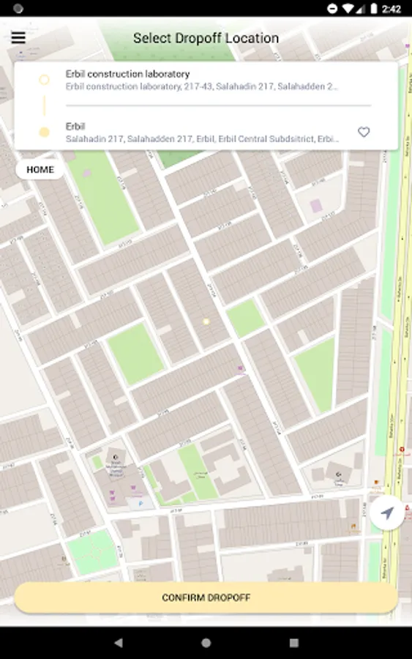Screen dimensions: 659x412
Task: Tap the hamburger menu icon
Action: coord(18,37)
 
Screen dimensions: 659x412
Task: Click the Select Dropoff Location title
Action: coord(206,38)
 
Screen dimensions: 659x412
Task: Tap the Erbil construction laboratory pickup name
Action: coord(127,74)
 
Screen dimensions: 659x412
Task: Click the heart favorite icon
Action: coord(364,132)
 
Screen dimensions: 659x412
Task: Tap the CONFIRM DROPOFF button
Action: coord(206,597)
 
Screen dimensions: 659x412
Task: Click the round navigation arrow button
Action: coord(387,513)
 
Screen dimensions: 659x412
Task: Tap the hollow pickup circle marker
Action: coord(44,79)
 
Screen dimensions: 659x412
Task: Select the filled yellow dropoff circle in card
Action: coord(44,133)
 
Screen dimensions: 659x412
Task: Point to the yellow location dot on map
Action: coord(206,321)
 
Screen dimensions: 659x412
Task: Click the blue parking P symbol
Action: coord(141,505)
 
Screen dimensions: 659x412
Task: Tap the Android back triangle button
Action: coord(119,643)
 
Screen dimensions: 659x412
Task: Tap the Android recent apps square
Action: coord(293,643)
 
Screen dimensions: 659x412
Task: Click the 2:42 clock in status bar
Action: coord(391,9)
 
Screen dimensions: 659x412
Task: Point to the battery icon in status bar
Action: coord(373,9)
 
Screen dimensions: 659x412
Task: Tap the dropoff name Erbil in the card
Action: coord(75,126)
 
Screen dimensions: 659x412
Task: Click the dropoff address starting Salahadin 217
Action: coord(202,138)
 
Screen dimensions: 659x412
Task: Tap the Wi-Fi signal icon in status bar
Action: coord(348,9)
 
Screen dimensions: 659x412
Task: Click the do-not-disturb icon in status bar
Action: coord(332,9)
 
